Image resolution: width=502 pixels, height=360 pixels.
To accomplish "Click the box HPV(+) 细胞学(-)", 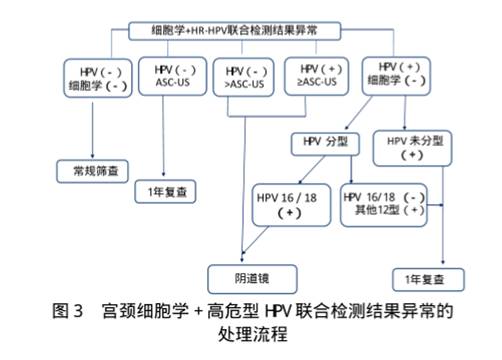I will (392, 79).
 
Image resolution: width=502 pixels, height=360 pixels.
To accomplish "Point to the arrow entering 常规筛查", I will (92, 155).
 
